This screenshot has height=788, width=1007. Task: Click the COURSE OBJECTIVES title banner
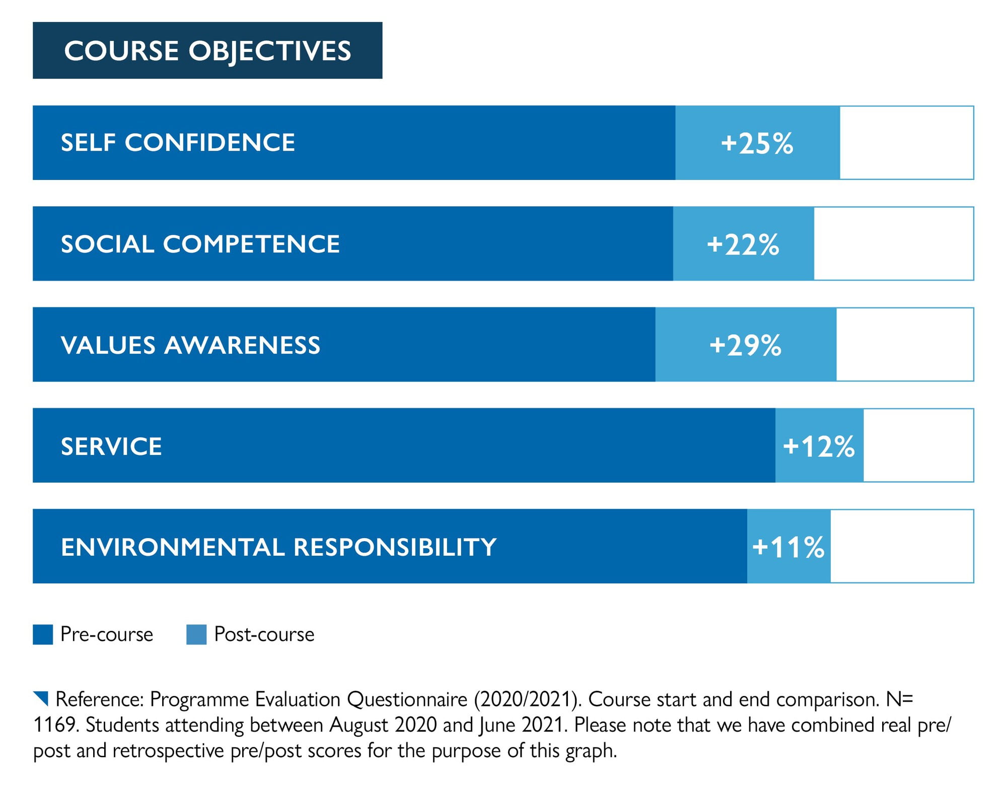tap(207, 50)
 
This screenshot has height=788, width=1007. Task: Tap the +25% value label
tap(757, 143)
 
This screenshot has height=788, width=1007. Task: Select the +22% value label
tap(743, 244)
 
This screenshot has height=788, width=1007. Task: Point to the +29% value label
tap(745, 345)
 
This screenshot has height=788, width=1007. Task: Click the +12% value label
tap(819, 446)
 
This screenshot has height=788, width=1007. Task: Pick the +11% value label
tap(788, 547)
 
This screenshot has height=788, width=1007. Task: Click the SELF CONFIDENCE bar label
tap(178, 143)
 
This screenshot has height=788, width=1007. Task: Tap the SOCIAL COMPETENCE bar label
tap(200, 244)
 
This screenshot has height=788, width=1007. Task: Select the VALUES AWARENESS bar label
tap(190, 345)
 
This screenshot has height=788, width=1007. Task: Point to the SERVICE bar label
tap(111, 446)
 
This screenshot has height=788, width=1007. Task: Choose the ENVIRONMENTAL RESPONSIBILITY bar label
tap(278, 547)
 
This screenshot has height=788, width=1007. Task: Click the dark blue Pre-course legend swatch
tap(43, 634)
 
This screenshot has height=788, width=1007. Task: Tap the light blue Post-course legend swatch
tap(196, 634)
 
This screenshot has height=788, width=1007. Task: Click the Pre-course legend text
tap(107, 634)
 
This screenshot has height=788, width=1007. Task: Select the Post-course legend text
tap(264, 634)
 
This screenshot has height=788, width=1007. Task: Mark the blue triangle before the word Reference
tap(42, 698)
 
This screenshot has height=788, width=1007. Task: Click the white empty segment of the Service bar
tap(918, 445)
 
